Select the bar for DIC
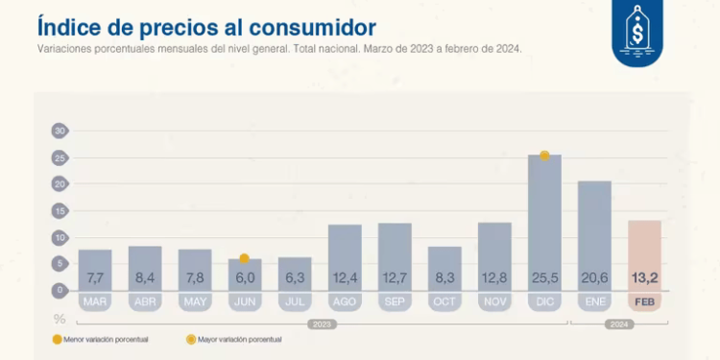pyautogui.click(x=544, y=221)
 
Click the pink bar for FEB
pyautogui.click(x=644, y=253)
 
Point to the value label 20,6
pyautogui.click(x=594, y=278)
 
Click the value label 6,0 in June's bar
pyautogui.click(x=245, y=278)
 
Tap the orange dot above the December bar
pyautogui.click(x=544, y=156)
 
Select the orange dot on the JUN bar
pyautogui.click(x=245, y=258)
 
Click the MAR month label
pyautogui.click(x=95, y=301)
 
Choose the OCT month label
pyautogui.click(x=444, y=301)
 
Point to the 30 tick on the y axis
pyautogui.click(x=60, y=131)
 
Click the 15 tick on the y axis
pyautogui.click(x=60, y=210)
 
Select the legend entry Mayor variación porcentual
pyautogui.click(x=234, y=339)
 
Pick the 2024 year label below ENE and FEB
pyautogui.click(x=619, y=324)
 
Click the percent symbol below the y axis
pyautogui.click(x=60, y=318)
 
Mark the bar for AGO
pyautogui.click(x=345, y=255)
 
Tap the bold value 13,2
pyautogui.click(x=644, y=278)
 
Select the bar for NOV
pyautogui.click(x=494, y=254)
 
